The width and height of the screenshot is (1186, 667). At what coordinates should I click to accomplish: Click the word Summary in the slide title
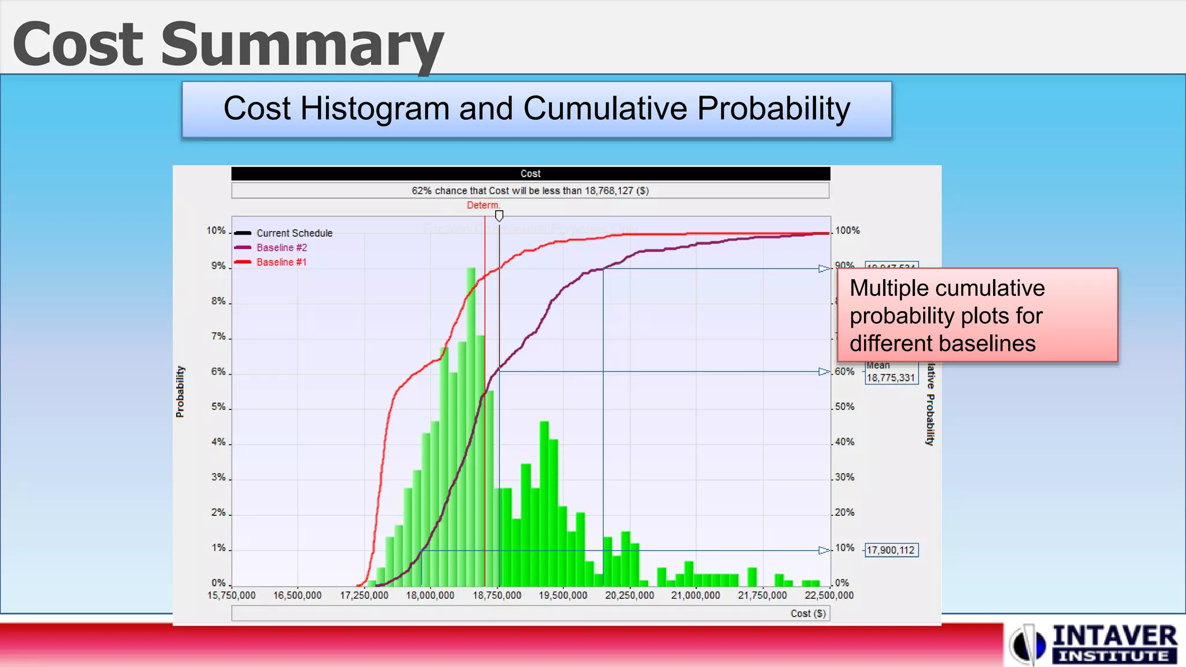click(301, 45)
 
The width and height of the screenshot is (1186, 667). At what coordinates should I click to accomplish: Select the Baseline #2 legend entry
click(281, 248)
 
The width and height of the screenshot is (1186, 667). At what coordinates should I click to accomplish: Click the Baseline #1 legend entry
click(281, 262)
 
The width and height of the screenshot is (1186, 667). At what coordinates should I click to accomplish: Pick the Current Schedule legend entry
click(294, 233)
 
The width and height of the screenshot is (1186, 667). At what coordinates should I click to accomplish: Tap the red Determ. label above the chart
click(483, 206)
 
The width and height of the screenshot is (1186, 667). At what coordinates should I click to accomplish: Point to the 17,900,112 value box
click(891, 550)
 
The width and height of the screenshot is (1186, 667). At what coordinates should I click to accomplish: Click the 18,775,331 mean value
click(891, 378)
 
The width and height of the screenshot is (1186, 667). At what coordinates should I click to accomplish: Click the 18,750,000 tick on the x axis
click(497, 595)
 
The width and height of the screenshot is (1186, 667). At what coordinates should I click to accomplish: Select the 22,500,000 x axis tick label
click(829, 595)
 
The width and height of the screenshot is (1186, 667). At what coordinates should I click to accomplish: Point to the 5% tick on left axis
click(218, 407)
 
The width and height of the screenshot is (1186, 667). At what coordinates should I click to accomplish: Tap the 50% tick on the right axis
click(844, 407)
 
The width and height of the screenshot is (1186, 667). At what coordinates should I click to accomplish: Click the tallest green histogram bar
click(471, 428)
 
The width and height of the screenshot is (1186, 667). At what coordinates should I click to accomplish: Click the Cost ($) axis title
click(808, 614)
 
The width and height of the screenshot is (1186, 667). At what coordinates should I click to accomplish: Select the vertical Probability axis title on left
click(180, 391)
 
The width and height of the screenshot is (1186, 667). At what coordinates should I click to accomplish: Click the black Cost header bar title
click(530, 174)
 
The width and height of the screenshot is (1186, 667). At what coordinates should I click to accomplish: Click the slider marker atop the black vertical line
click(499, 216)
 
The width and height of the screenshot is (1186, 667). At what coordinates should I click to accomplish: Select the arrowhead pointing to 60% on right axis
click(824, 372)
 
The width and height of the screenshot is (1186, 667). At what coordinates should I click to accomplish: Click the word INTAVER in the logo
click(1114, 636)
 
